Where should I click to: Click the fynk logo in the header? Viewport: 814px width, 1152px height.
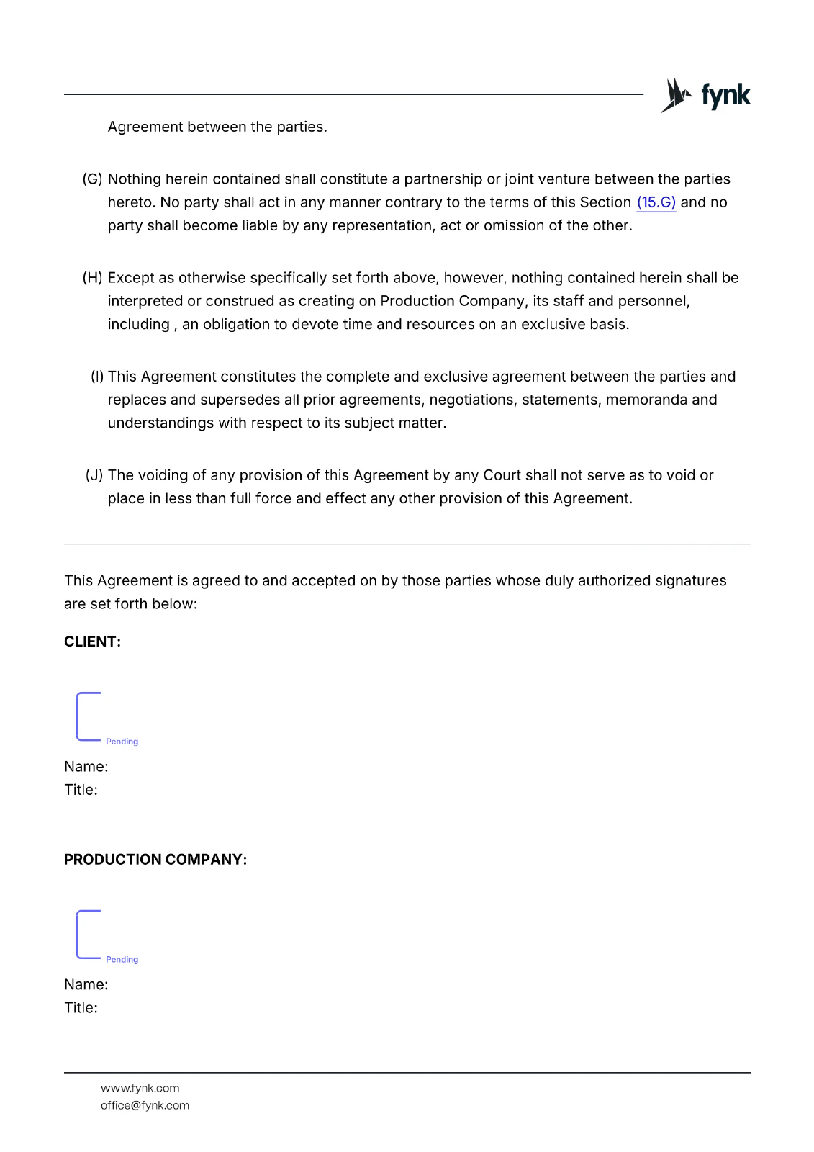(x=705, y=95)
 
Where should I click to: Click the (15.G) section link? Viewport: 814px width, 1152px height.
(x=656, y=202)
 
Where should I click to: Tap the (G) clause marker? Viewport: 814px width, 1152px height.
(x=93, y=179)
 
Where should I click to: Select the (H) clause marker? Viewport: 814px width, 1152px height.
(x=93, y=278)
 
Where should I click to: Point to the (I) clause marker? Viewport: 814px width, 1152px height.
(x=97, y=377)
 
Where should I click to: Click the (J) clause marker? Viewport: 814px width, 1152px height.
(x=94, y=475)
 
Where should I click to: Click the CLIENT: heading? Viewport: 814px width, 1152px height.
(x=92, y=642)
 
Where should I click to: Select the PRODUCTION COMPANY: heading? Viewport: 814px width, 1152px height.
(x=155, y=859)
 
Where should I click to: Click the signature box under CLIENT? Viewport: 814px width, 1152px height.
(x=89, y=716)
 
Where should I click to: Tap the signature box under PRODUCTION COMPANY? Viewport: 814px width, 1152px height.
(x=89, y=935)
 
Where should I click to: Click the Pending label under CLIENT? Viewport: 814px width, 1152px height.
(x=122, y=742)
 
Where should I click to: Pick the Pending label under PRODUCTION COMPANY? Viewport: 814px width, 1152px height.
(x=122, y=960)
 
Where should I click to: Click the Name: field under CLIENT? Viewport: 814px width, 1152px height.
(x=86, y=767)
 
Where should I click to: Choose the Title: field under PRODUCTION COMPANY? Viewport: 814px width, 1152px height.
(x=81, y=1008)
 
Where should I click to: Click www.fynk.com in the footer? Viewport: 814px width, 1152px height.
(x=140, y=1088)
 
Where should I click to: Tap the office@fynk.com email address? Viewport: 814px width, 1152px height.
(x=145, y=1105)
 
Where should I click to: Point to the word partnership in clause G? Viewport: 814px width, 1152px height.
(x=443, y=179)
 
